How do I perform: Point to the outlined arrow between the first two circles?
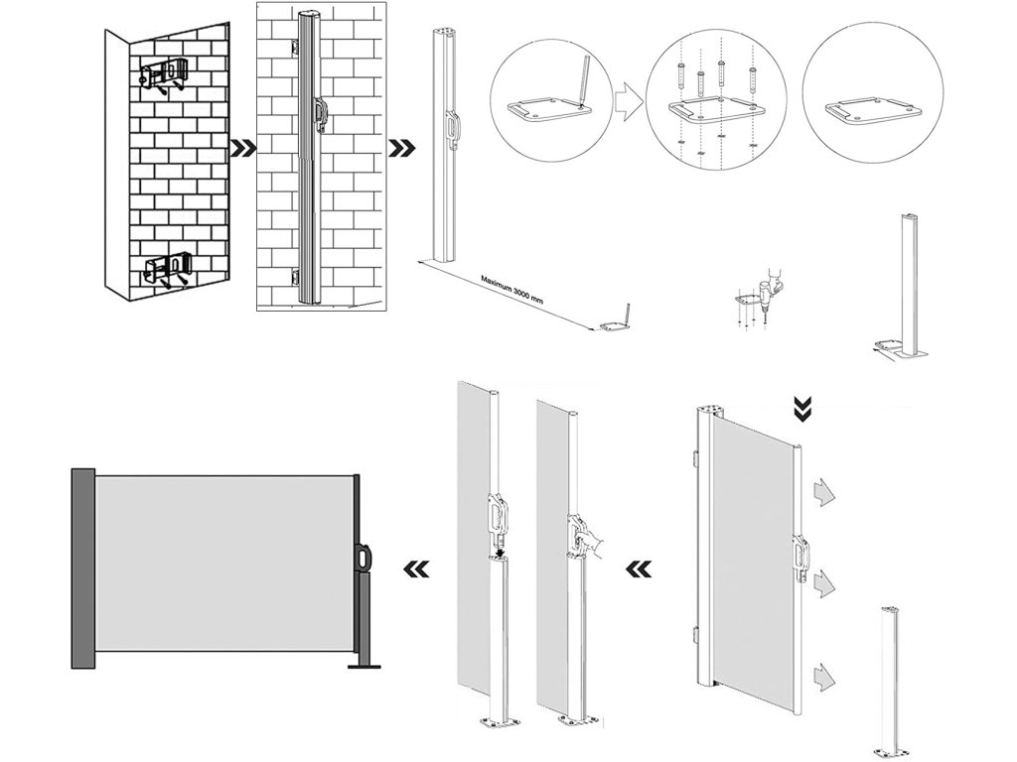click(x=625, y=101)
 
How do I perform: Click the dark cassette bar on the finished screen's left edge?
click(x=80, y=567)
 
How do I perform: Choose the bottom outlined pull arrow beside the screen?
click(x=822, y=679)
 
